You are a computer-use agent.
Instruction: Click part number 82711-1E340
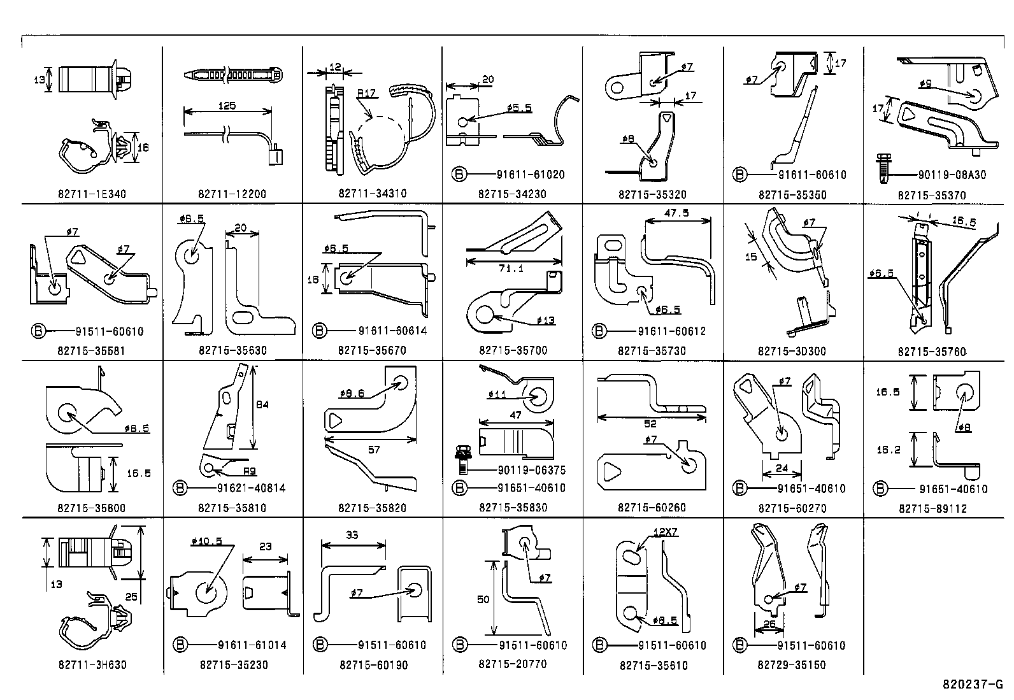[92, 194]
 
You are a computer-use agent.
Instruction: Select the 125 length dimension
[227, 105]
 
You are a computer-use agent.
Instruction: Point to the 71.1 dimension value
[511, 269]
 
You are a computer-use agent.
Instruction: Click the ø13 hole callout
[545, 320]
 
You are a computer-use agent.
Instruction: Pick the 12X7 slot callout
[664, 531]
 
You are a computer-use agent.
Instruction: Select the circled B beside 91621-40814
[180, 489]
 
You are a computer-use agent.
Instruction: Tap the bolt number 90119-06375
[515, 471]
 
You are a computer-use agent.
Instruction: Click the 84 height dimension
[261, 404]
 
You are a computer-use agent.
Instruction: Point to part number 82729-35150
[792, 664]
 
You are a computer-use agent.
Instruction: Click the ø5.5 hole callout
[520, 108]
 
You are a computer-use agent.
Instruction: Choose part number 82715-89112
[932, 509]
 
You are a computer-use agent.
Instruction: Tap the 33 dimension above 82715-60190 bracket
[352, 535]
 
